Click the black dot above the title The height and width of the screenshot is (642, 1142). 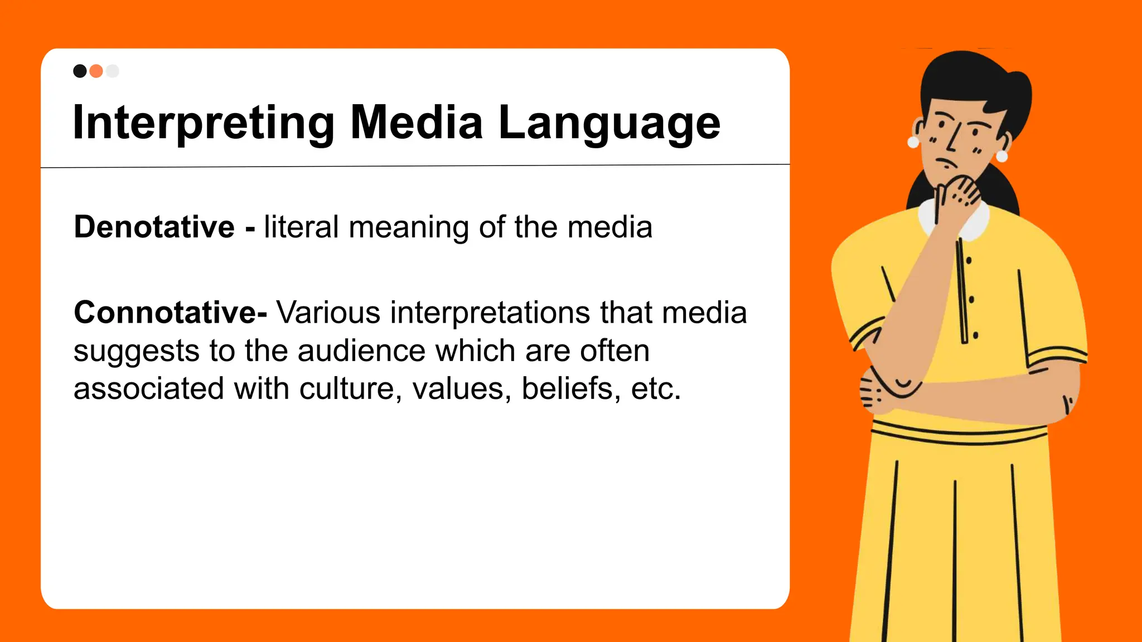coord(80,71)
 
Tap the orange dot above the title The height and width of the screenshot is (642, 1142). coord(96,71)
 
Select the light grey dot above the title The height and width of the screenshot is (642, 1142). coord(113,71)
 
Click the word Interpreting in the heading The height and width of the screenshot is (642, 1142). coord(204,123)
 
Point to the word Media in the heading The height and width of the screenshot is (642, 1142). coord(416,122)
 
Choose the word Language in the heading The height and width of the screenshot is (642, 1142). coord(609,123)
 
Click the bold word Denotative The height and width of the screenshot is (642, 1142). coord(154,227)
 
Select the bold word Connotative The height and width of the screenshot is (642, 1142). coord(166,313)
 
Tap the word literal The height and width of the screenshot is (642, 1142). coord(301,227)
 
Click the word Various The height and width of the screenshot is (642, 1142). coord(328,313)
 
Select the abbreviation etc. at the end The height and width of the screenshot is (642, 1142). coord(656,388)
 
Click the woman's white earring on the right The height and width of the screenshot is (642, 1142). coord(1001,156)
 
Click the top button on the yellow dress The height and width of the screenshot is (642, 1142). coord(969,260)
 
